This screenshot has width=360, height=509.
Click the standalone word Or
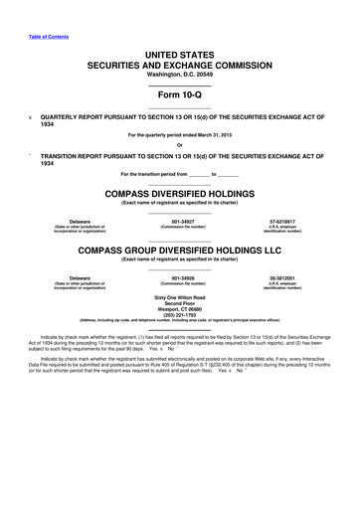click(x=179, y=147)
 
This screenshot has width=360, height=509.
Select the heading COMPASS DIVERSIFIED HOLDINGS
click(x=179, y=193)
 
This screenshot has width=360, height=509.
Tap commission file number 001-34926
click(x=179, y=278)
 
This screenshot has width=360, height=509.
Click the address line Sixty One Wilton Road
click(x=179, y=297)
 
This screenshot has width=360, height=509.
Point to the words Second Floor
click(x=179, y=304)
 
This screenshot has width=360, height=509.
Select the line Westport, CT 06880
click(x=179, y=311)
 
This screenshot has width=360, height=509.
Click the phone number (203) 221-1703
click(x=179, y=318)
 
